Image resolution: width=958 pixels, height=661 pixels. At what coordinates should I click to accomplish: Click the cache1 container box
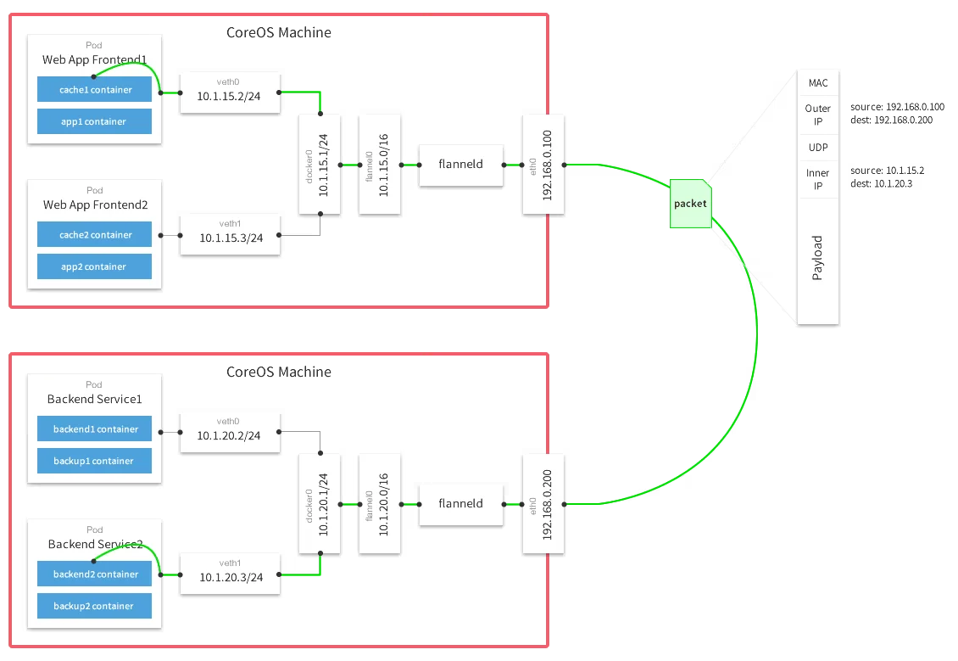coord(94,89)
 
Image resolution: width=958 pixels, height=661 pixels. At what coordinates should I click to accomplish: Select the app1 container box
coord(94,121)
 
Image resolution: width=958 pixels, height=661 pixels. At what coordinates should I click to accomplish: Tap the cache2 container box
coord(94,235)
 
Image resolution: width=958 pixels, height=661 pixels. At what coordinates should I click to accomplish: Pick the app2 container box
coord(94,266)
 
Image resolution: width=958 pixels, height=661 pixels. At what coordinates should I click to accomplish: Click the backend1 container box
coord(94,429)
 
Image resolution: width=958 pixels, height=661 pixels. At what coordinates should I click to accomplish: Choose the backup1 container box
coord(94,461)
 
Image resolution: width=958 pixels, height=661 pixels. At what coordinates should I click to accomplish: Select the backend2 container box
coord(94,574)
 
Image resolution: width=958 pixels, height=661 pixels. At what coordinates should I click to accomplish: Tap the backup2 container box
coord(94,606)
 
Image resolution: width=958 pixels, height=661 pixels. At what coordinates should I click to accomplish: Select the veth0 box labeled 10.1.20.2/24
coord(229,431)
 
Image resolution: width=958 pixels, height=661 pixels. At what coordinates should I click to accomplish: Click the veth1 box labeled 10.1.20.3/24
coord(229,573)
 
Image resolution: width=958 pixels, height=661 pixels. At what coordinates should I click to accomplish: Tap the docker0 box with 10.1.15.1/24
coord(320,165)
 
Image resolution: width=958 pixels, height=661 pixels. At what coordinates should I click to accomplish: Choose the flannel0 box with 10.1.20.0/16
coord(379,503)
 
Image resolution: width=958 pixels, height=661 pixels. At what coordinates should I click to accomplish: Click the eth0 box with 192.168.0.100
coord(543,165)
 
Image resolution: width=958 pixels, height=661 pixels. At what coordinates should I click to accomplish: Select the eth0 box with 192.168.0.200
coord(543,503)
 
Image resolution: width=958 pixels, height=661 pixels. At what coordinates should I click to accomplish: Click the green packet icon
coord(690,204)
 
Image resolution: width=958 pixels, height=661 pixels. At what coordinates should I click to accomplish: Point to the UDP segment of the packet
coord(818,148)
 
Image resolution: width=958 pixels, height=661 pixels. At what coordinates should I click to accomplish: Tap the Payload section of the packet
coord(818,258)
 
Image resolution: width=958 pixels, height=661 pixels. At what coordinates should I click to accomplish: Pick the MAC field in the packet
coord(818,83)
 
